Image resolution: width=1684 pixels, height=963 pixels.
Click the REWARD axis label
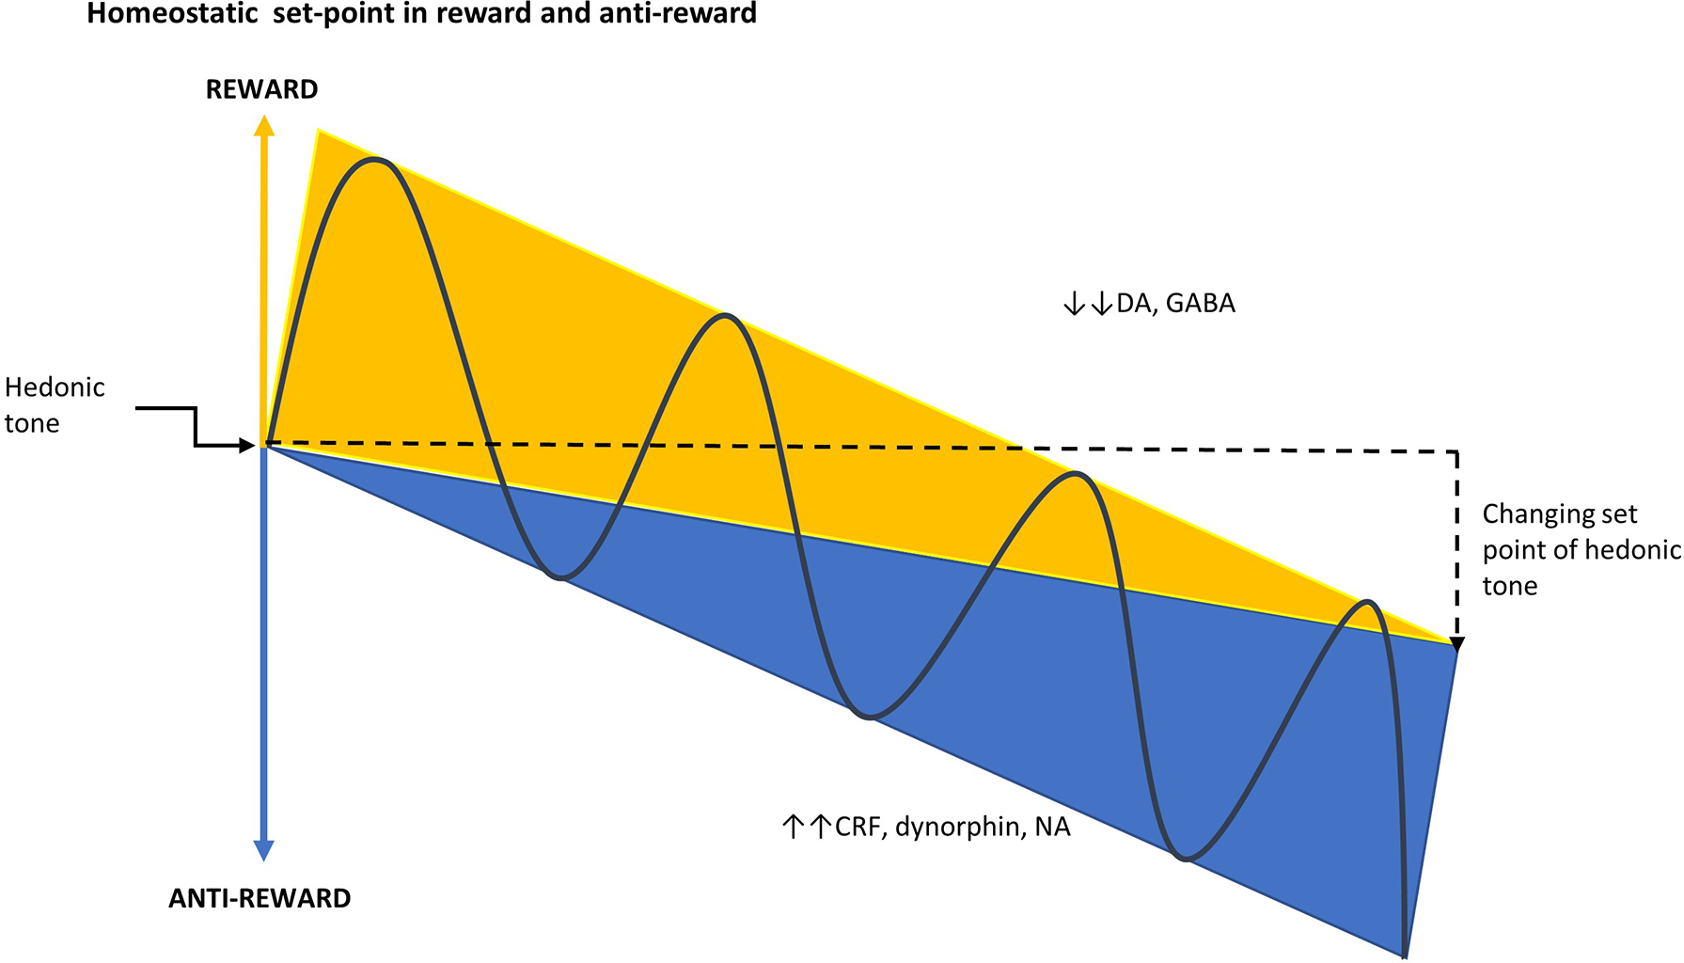pyautogui.click(x=261, y=89)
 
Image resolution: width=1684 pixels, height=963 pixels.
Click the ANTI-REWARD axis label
pyautogui.click(x=260, y=898)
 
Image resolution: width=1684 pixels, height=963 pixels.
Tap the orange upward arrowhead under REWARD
pyautogui.click(x=265, y=126)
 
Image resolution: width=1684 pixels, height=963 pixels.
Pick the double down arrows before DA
pyautogui.click(x=1088, y=304)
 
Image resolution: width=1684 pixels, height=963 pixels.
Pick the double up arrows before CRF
pyautogui.click(x=807, y=827)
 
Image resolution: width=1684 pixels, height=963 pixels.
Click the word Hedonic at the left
pyautogui.click(x=55, y=387)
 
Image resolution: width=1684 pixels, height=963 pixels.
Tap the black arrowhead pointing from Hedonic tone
pyautogui.click(x=248, y=445)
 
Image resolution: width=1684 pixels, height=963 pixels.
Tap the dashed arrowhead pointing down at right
pyautogui.click(x=1457, y=644)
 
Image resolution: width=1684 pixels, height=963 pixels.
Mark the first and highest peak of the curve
pyautogui.click(x=375, y=160)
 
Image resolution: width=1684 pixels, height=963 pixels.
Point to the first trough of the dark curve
pyautogui.click(x=560, y=577)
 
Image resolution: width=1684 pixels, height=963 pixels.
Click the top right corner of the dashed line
pyautogui.click(x=1457, y=452)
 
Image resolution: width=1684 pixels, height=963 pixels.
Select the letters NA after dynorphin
pyautogui.click(x=1052, y=827)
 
